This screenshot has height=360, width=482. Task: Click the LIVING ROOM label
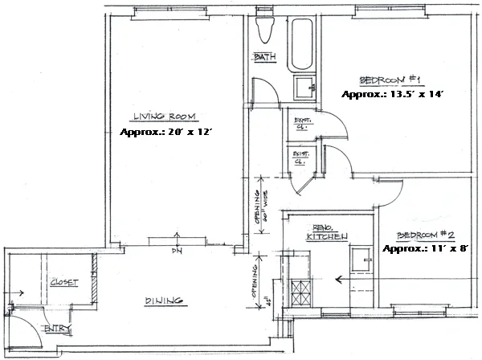[x=165, y=116]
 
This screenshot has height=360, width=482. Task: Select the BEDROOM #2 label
[x=426, y=235]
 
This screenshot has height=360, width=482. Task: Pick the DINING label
[x=165, y=301]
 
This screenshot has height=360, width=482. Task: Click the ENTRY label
[x=56, y=328]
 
